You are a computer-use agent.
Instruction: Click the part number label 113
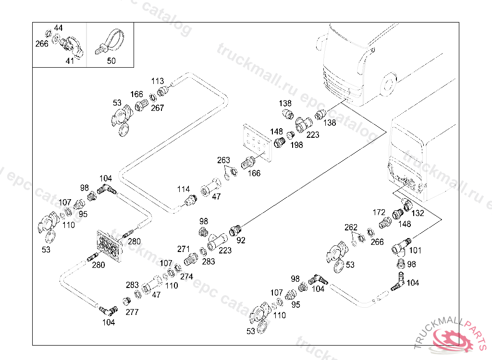pos(158,81)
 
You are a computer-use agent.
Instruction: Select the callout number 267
pos(158,108)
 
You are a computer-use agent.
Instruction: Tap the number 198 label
pos(297,144)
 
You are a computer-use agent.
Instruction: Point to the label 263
pos(223,160)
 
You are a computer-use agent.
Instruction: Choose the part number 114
pos(183,189)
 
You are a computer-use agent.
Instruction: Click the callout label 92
pos(241,240)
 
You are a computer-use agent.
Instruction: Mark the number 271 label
pos(184,249)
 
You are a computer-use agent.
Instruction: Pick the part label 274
pos(186,276)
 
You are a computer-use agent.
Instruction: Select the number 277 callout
pos(132,312)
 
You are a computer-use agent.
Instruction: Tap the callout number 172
pos(379,212)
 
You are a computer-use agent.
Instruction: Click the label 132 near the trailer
pos(418,213)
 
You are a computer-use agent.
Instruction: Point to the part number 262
pos(351,227)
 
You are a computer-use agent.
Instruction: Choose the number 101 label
pos(415,250)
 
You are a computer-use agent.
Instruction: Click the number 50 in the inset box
pos(111,61)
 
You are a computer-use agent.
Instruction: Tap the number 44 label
pos(58,28)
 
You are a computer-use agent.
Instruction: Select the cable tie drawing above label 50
pos(109,42)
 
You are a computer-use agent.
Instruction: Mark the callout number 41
pos(70,61)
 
